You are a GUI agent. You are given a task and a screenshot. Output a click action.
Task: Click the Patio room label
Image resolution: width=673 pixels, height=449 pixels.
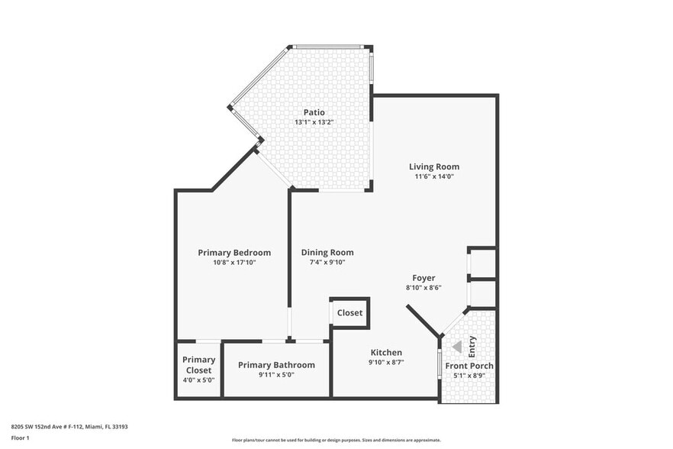click(314, 112)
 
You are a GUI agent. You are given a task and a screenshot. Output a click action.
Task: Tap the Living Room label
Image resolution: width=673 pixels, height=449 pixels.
click(433, 166)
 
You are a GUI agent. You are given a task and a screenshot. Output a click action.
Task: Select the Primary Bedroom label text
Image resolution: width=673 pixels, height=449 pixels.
click(234, 253)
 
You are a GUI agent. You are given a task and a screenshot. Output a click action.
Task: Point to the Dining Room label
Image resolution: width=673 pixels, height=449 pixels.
click(327, 253)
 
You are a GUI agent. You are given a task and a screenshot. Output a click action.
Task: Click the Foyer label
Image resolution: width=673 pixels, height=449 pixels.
click(423, 278)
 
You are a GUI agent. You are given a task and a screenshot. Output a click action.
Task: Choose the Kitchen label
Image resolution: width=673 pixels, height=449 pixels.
click(386, 353)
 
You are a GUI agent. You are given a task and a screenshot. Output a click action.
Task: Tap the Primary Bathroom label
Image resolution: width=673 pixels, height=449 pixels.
click(276, 365)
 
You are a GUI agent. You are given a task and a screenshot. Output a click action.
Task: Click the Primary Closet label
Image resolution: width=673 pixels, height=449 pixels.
click(198, 365)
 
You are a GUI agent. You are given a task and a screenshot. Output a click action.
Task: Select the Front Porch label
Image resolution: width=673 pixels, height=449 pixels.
click(469, 366)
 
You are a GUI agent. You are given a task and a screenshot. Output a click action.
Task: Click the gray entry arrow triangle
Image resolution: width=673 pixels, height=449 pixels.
click(457, 347)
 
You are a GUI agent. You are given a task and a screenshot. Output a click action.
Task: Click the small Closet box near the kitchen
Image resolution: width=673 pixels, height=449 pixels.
click(349, 313)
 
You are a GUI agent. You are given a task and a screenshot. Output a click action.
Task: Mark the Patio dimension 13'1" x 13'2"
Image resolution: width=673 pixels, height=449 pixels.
click(314, 122)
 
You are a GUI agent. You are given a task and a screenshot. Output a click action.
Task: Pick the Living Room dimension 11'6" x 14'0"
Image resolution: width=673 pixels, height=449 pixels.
click(433, 176)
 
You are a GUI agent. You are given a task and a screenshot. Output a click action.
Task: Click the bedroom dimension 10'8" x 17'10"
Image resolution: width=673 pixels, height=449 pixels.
click(234, 263)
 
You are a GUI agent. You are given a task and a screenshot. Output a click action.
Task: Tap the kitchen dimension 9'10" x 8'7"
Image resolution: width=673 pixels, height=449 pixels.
click(386, 363)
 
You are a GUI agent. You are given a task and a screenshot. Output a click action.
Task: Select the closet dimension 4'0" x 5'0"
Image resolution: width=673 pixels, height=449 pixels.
click(198, 380)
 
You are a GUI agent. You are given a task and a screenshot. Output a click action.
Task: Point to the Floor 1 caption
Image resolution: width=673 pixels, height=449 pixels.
click(20, 438)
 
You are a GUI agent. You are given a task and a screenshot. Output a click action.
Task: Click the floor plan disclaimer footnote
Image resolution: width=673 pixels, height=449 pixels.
click(336, 440)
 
